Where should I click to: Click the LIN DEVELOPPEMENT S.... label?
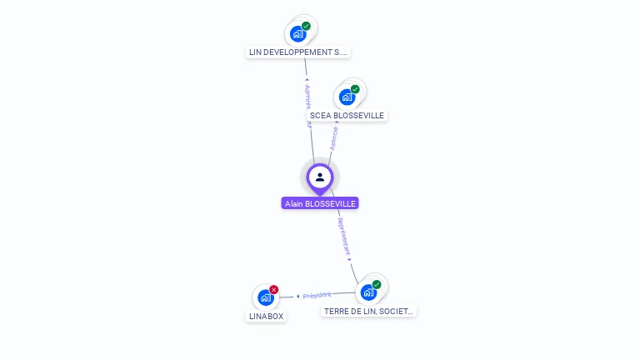[x=298, y=52]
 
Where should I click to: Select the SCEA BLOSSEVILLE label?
[x=347, y=116]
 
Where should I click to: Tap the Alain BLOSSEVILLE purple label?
[x=320, y=203]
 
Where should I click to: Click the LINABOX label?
[x=266, y=317]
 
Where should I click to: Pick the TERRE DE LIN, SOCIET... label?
[x=369, y=311]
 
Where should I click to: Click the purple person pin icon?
[x=320, y=177]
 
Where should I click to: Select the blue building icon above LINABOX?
[x=265, y=297]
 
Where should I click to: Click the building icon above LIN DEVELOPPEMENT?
[x=297, y=34]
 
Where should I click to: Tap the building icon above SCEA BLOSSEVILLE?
[x=347, y=97]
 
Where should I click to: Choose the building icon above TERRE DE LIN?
[x=367, y=292]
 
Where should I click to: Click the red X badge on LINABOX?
[x=274, y=289]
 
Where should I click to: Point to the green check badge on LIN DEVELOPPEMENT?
[x=306, y=26]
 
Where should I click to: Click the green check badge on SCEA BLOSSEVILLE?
[x=355, y=89]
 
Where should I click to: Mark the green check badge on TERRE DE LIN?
[x=377, y=284]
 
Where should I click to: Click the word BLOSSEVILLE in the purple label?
[x=332, y=203]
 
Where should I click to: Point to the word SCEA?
[x=319, y=116]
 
